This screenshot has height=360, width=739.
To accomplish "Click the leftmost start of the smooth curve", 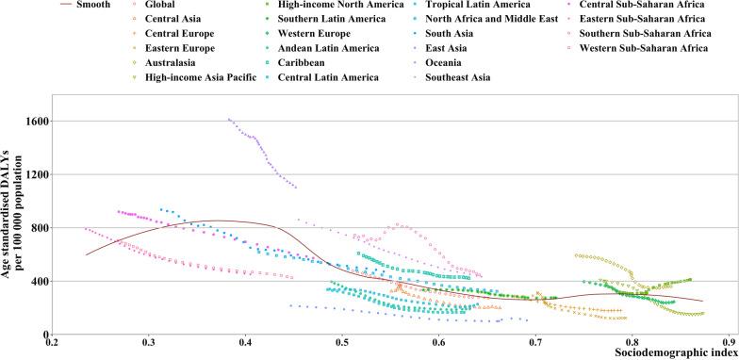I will (x=86, y=254).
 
